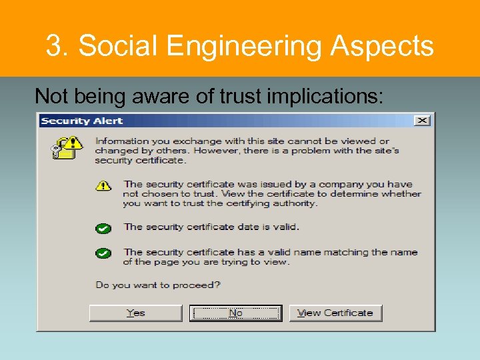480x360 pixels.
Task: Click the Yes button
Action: click(135, 313)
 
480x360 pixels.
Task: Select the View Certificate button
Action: click(335, 313)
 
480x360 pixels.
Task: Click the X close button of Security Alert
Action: click(422, 121)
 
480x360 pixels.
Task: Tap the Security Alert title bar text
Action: click(82, 121)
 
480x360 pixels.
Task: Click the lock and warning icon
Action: click(67, 147)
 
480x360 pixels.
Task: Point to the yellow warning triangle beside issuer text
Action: click(103, 185)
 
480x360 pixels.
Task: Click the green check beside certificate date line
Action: click(103, 228)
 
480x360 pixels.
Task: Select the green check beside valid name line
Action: click(103, 253)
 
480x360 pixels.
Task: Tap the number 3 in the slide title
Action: click(53, 46)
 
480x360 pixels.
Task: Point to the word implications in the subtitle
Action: click(325, 97)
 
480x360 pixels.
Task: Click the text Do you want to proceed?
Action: click(158, 285)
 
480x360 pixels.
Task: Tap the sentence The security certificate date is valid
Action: click(211, 227)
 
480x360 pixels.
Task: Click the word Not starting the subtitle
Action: click(51, 97)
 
